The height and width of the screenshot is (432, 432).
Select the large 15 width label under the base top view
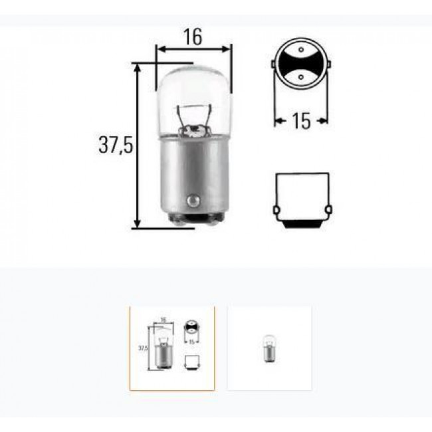click(x=301, y=121)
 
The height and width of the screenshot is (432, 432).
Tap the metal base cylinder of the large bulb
click(x=193, y=173)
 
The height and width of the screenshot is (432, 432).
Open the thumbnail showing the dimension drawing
click(x=172, y=348)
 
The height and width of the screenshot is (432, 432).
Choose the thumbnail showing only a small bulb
click(x=269, y=348)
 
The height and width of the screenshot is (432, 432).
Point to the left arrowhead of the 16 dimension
click(x=160, y=48)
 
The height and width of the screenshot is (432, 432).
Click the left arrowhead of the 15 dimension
click(x=278, y=121)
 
